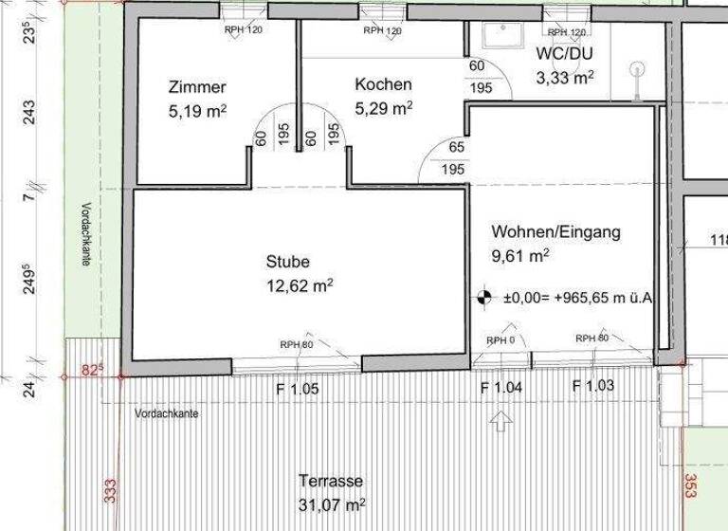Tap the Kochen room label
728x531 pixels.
383,85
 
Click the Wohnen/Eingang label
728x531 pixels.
555,231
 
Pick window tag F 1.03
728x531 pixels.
594,385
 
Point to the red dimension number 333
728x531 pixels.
110,490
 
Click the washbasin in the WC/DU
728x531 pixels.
496,34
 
